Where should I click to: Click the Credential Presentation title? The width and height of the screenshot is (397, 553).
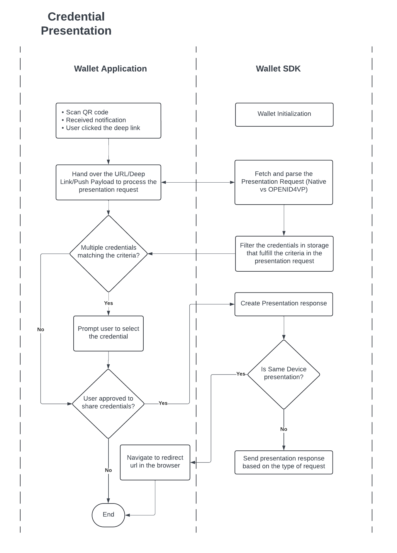click(x=76, y=24)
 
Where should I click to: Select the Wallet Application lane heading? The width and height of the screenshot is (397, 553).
click(x=110, y=69)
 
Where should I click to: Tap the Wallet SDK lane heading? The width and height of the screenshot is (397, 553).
click(x=278, y=69)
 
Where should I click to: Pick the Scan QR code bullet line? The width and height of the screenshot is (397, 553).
click(x=87, y=112)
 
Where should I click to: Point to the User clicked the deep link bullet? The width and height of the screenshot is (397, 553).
click(x=103, y=128)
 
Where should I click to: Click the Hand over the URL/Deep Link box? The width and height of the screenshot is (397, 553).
click(x=108, y=182)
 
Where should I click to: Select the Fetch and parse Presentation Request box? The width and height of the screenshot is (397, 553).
click(x=284, y=182)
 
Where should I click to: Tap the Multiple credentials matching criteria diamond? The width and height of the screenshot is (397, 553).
click(x=108, y=253)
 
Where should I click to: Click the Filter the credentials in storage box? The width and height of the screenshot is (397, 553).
click(x=284, y=253)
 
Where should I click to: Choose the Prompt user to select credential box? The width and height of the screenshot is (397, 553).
click(x=108, y=333)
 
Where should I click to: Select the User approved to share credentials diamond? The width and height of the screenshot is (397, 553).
click(x=108, y=403)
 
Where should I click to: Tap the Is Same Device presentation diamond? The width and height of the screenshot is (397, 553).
click(x=284, y=374)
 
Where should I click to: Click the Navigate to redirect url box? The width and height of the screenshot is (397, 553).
click(x=155, y=462)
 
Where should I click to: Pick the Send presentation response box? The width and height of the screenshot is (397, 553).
click(x=284, y=462)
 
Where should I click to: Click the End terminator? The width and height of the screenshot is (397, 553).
click(x=108, y=515)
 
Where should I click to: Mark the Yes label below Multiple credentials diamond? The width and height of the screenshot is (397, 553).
click(x=108, y=303)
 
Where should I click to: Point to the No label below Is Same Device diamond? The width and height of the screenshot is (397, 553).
click(x=284, y=429)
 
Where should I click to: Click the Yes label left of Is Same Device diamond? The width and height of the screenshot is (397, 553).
click(x=241, y=374)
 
